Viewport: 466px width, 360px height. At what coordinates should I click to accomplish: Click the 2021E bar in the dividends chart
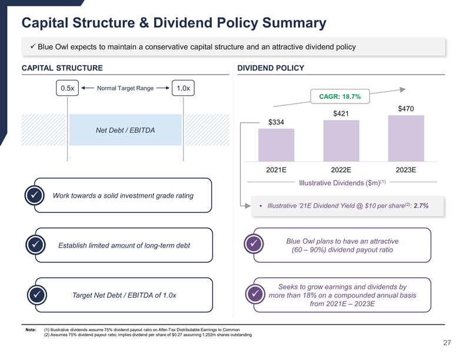point(276,145)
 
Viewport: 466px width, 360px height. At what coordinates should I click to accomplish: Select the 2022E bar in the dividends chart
point(341,141)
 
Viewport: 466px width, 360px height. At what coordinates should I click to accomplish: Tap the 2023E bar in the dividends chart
point(406,138)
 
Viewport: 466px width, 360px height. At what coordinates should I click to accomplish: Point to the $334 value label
point(276,122)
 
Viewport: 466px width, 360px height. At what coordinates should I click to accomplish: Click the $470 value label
point(406,109)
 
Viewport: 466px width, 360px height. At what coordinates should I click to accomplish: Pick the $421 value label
point(341,114)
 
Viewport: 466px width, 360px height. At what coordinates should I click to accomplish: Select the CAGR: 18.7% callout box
point(340,96)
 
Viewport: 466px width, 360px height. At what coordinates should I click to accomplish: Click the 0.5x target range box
point(67,88)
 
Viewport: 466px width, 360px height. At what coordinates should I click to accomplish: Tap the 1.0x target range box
point(183,88)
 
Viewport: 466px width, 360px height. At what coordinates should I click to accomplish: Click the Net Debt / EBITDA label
point(125,130)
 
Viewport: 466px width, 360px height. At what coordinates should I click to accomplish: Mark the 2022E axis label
point(341,170)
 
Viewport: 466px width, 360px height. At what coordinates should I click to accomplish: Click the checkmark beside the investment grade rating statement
point(35,195)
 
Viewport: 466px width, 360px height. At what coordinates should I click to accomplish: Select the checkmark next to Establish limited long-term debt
point(35,245)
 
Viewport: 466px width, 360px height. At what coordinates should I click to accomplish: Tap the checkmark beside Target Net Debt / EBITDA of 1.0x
point(35,295)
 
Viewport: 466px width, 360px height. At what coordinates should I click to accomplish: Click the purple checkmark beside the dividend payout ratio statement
point(254,245)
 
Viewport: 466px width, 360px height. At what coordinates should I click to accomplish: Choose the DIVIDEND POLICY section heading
point(270,68)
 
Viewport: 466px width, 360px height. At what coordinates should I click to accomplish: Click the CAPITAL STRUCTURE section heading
point(62,68)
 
